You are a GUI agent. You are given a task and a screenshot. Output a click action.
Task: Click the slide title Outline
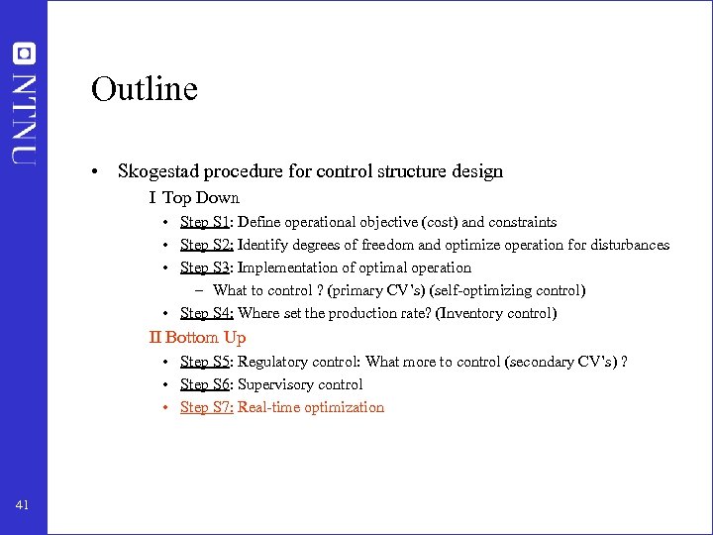[x=145, y=89]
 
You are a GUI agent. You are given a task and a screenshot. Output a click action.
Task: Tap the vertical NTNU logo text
[x=24, y=117]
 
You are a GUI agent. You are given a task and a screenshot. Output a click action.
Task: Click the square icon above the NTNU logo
[x=24, y=53]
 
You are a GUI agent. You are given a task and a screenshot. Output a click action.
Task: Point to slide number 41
[x=23, y=505]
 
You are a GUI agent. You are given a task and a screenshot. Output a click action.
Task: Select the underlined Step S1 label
[x=205, y=222]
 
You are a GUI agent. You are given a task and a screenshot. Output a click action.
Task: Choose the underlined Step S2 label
[x=206, y=245]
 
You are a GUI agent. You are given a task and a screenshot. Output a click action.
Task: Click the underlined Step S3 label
[x=205, y=267]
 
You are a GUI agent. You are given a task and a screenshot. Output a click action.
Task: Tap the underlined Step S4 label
[x=206, y=313]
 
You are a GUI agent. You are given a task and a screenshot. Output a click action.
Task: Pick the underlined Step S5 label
[x=205, y=362]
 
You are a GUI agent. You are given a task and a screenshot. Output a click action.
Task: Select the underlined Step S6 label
[x=205, y=384]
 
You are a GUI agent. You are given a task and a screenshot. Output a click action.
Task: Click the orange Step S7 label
[x=206, y=407]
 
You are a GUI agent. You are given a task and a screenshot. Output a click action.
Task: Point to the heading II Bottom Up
[x=197, y=337]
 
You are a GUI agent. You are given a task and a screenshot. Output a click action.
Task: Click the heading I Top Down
[x=194, y=197]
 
